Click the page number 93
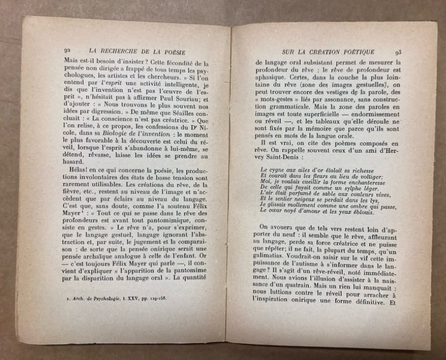[398, 52]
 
